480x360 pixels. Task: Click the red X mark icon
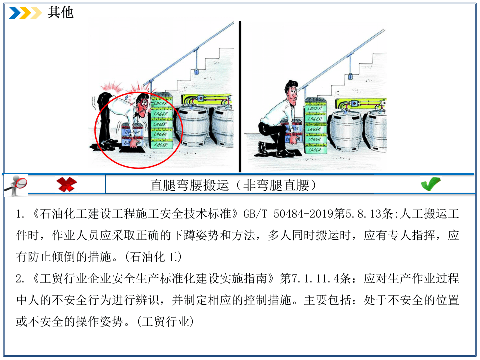(67, 184)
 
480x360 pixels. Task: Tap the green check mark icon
(430, 184)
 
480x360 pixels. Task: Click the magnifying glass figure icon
(15, 185)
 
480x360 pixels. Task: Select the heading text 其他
(60, 12)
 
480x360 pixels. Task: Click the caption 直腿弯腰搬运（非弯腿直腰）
(234, 185)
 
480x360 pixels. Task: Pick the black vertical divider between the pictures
(240, 97)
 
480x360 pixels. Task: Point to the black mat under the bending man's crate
(131, 148)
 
